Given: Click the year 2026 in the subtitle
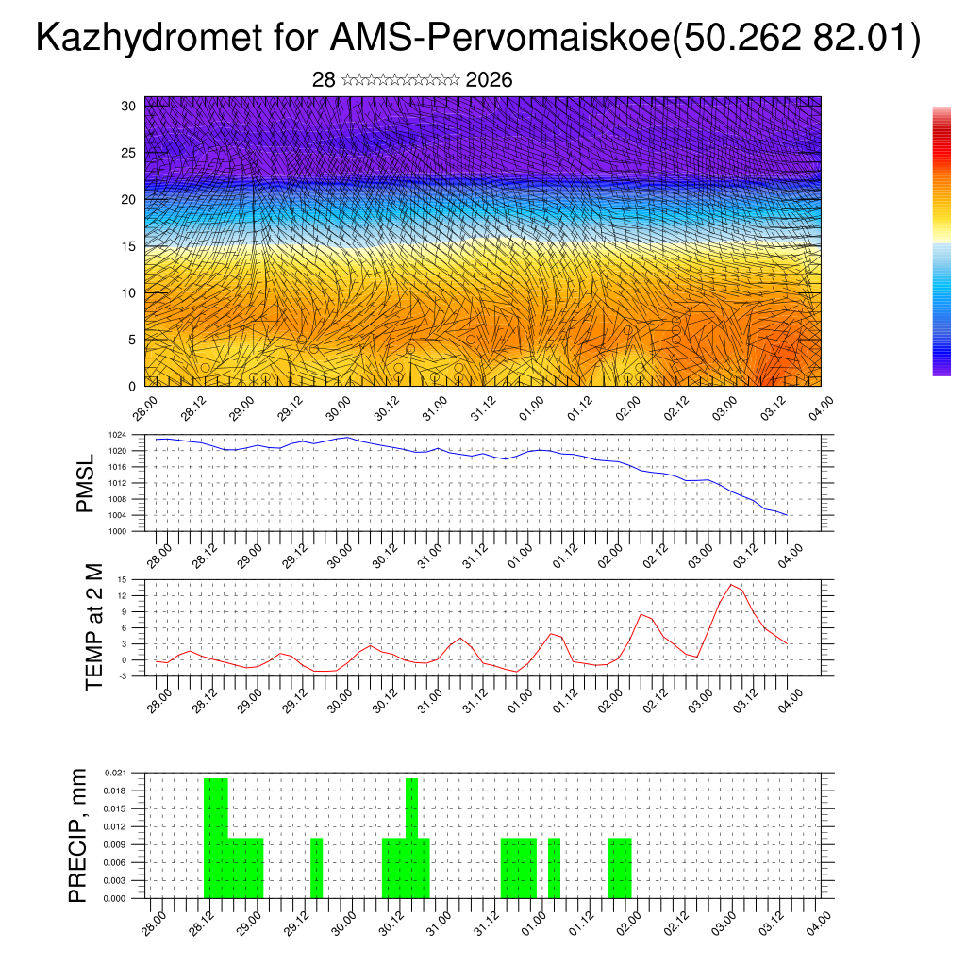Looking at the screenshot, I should (x=489, y=80).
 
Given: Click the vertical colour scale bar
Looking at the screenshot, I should (x=941, y=241).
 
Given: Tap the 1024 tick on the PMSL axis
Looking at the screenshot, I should (x=117, y=435).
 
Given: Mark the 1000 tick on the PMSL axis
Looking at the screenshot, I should (x=117, y=531).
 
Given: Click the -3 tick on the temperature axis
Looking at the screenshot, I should (x=122, y=676).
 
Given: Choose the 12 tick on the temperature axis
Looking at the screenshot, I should (x=122, y=595).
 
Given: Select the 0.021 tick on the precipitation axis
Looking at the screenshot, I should (x=115, y=773).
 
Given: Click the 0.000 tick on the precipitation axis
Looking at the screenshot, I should (x=115, y=899).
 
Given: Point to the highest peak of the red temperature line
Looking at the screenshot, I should (x=731, y=585).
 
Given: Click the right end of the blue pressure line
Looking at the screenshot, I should (x=787, y=515).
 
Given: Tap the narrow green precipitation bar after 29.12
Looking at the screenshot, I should (x=317, y=868).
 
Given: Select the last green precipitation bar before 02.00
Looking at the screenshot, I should (x=619, y=868).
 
